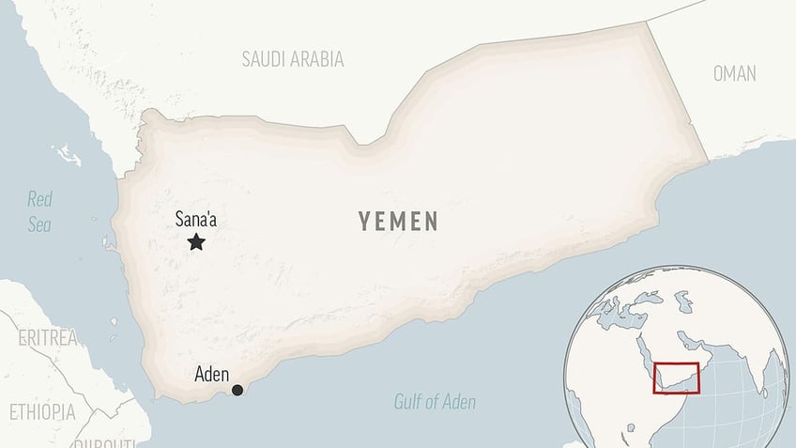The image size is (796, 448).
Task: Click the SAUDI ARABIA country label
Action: tap(293, 59)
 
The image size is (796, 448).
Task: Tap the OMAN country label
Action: tap(734, 74)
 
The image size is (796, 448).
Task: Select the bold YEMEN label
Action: tap(398, 222)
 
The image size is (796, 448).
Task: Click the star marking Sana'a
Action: tap(196, 242)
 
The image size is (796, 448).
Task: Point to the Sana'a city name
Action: tap(201, 220)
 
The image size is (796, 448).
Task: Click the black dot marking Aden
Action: tap(237, 390)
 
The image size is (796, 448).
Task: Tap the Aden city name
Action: tap(211, 374)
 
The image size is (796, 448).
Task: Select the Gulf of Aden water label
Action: tap(435, 403)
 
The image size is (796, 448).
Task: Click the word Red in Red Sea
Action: tap(40, 199)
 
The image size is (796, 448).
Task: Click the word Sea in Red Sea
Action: tap(39, 224)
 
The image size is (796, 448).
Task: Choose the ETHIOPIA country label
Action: tap(42, 411)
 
